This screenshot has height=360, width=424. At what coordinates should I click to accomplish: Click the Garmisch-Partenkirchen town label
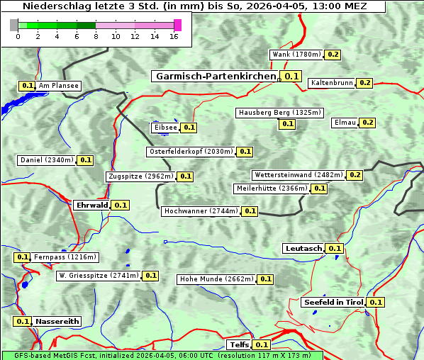click(x=215, y=76)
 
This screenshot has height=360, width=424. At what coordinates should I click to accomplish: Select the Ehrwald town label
click(x=91, y=205)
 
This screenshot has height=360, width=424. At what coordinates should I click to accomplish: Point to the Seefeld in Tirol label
click(x=333, y=302)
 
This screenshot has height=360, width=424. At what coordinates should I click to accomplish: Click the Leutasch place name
click(x=303, y=248)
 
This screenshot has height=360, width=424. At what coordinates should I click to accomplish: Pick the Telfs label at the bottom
click(x=238, y=344)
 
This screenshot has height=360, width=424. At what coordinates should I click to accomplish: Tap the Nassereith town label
click(x=57, y=321)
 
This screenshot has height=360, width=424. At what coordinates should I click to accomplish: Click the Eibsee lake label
click(x=165, y=128)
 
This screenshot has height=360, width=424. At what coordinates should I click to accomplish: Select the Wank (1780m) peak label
click(x=296, y=55)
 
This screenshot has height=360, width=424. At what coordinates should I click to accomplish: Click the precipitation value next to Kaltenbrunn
click(x=365, y=83)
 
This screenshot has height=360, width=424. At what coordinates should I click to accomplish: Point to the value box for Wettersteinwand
click(x=355, y=175)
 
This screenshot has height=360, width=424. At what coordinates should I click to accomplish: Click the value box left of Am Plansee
click(x=28, y=86)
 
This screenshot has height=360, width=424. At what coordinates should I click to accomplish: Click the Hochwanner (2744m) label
click(x=201, y=211)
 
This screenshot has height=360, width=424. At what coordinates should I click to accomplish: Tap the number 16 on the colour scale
click(x=174, y=36)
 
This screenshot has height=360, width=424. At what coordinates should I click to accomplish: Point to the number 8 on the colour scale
click(x=96, y=36)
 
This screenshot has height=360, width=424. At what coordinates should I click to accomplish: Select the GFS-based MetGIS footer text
click(x=162, y=355)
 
